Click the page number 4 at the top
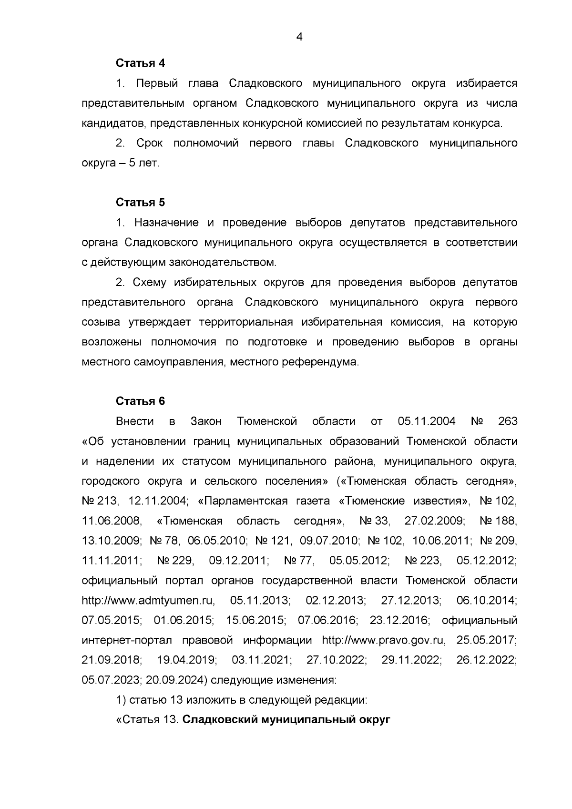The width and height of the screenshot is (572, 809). pos(299,37)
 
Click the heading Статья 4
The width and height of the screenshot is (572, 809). pos(140,63)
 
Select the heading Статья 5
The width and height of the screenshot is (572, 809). pos(140,203)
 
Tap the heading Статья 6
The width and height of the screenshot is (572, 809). pos(140,401)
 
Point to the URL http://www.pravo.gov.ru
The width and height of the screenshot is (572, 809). pos(384,640)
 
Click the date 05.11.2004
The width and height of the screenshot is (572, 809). pos(426,421)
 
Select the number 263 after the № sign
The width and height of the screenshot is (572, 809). pos(507,421)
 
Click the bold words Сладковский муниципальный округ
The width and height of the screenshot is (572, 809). pos(286,720)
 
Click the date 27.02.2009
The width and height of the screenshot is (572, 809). pos(435,521)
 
